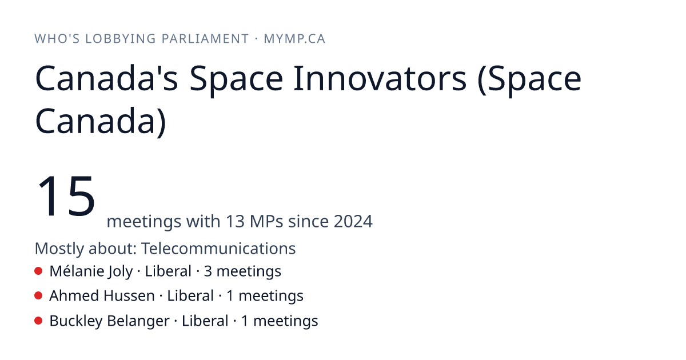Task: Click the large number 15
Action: click(x=66, y=195)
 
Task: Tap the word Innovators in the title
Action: click(x=380, y=78)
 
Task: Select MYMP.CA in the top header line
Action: click(x=294, y=39)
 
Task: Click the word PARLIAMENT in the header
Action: click(x=205, y=39)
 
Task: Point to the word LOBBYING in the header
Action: click(x=121, y=39)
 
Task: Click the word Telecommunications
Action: click(x=218, y=248)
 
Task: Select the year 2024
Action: click(x=353, y=221)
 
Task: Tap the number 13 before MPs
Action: click(x=235, y=221)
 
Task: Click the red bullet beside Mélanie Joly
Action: click(x=38, y=271)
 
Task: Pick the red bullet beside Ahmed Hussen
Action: click(x=38, y=296)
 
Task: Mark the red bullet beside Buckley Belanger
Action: click(x=38, y=321)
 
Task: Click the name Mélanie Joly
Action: click(x=91, y=271)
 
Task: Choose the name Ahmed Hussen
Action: click(x=102, y=296)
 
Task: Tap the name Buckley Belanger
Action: click(x=109, y=321)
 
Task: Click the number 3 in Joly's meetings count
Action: click(x=208, y=271)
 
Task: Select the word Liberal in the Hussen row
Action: click(x=190, y=296)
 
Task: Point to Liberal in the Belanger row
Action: click(x=205, y=321)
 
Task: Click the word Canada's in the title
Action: click(x=106, y=78)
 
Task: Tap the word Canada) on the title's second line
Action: click(x=101, y=121)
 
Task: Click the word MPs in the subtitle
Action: click(x=266, y=221)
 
